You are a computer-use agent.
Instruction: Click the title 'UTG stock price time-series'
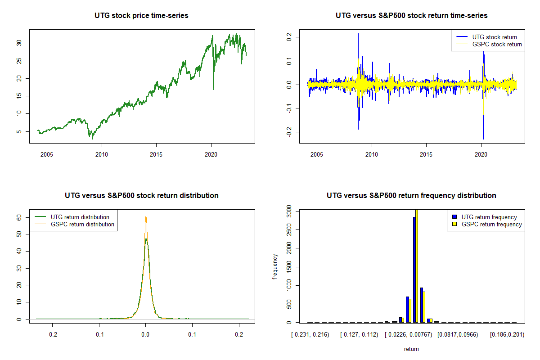pos(141,16)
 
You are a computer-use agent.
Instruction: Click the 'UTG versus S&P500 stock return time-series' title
pos(411,16)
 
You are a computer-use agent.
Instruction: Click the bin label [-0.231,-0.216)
pos(310,335)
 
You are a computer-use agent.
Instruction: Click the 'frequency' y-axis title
pos(275,266)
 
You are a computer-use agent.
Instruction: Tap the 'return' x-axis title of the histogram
pos(411,349)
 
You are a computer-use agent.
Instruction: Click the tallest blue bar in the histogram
pos(414,270)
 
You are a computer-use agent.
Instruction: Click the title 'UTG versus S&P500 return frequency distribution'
pos(411,196)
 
